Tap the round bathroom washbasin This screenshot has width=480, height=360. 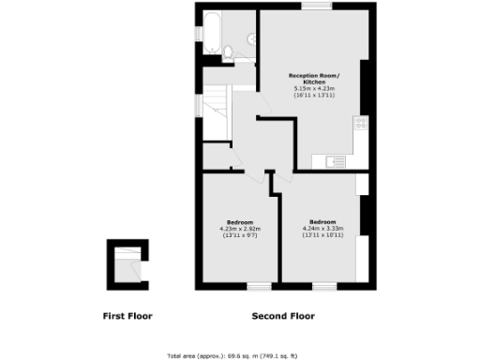tap(249, 38)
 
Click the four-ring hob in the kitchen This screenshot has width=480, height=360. tap(360, 123)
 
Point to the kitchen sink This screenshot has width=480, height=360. tap(334, 161)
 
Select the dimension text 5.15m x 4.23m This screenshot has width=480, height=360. tap(315, 89)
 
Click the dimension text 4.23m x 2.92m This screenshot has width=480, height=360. tap(239, 228)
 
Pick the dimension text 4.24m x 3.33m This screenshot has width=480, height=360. tap(324, 228)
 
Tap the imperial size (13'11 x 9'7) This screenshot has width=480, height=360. tap(239, 234)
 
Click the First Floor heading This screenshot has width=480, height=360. tap(127, 316)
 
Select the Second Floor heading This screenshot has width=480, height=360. tap(283, 316)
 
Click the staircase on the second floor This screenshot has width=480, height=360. tap(217, 111)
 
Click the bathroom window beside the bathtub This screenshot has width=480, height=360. tap(200, 33)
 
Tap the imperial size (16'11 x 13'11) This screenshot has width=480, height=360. tap(315, 96)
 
